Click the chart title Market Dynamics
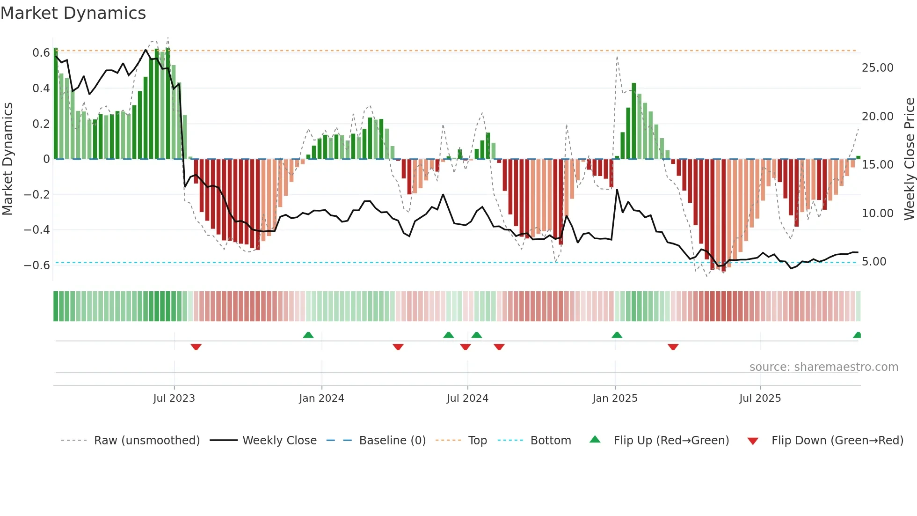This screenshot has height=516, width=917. (x=73, y=13)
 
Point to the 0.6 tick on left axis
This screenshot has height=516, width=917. (x=41, y=53)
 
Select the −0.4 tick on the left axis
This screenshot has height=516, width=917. (x=37, y=230)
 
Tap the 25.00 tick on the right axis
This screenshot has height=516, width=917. (x=877, y=68)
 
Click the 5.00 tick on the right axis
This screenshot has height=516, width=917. (x=873, y=262)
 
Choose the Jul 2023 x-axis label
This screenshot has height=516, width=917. (x=174, y=398)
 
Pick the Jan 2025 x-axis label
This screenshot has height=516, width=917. (x=615, y=398)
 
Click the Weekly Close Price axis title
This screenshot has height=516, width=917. (x=909, y=159)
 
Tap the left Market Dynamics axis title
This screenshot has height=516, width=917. (x=8, y=159)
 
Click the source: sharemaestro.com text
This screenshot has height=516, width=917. (x=823, y=367)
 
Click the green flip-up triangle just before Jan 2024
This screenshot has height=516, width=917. (x=308, y=335)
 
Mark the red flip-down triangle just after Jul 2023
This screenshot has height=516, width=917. (x=196, y=346)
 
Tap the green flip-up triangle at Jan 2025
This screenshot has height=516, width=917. (x=617, y=335)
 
